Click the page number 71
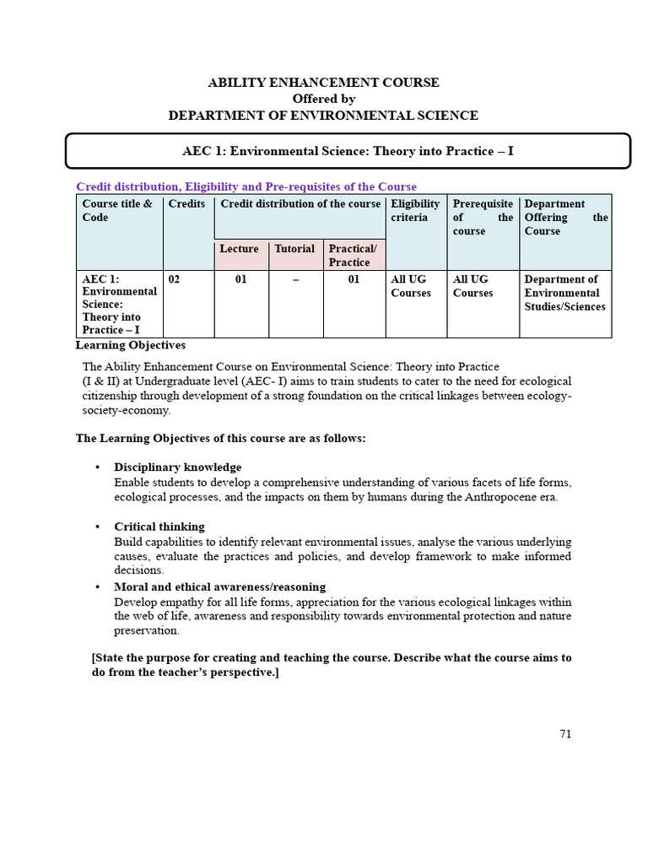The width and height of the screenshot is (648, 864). coord(565,734)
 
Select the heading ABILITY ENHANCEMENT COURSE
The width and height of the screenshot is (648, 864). coord(323,83)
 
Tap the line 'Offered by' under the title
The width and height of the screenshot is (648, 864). coord(323,99)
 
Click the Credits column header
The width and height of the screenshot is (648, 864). coord(186,204)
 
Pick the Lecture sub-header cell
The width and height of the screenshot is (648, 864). coord(240,249)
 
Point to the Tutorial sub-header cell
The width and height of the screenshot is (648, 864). coord(294,249)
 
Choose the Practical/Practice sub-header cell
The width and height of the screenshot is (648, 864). coord(353,255)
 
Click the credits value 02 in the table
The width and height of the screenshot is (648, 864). coord(175,279)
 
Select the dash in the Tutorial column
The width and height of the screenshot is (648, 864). coord(296,279)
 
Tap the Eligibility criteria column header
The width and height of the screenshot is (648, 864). coord(415,211)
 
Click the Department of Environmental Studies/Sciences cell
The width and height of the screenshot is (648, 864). coord(564,293)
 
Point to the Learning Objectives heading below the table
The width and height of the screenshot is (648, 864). coord(131,345)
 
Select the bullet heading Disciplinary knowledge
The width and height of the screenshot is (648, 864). coord(178,467)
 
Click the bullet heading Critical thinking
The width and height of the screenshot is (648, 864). coord(159,526)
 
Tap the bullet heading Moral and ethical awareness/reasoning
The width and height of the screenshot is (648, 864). coord(220,586)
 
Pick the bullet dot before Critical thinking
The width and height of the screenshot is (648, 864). coord(98,526)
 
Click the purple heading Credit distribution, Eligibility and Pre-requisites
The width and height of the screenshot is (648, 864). coord(246,186)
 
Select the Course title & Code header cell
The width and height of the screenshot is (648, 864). coord(118,211)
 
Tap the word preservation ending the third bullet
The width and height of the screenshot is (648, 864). coord(146,630)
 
